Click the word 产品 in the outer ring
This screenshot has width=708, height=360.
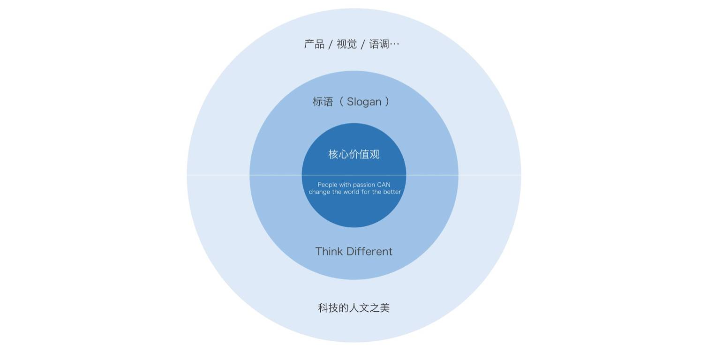pyautogui.click(x=314, y=45)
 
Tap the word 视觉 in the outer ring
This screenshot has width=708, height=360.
pyautogui.click(x=346, y=45)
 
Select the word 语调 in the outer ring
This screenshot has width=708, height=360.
pyautogui.click(x=379, y=45)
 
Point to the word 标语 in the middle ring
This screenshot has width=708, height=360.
pyautogui.click(x=323, y=102)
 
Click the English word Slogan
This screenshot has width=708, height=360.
pyautogui.click(x=364, y=102)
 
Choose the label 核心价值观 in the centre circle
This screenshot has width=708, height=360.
pyautogui.click(x=354, y=154)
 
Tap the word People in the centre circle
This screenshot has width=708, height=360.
pyautogui.click(x=327, y=185)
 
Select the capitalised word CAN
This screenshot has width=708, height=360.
pyautogui.click(x=384, y=185)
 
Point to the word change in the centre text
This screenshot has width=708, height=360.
pyautogui.click(x=319, y=192)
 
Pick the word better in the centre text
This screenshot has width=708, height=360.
pyautogui.click(x=392, y=192)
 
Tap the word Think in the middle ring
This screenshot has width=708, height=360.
pyautogui.click(x=329, y=251)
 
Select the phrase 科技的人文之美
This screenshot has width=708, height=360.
pyautogui.click(x=354, y=308)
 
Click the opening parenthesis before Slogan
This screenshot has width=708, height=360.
pyautogui.click(x=341, y=102)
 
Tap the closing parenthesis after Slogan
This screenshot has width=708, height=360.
pyautogui.click(x=387, y=102)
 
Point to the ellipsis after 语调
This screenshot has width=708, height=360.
pyautogui.click(x=395, y=45)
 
